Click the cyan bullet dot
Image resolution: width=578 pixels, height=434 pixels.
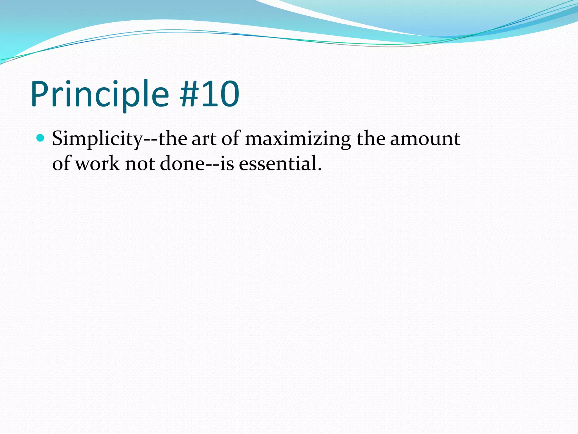tap(41, 138)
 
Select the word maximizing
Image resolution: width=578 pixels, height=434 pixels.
tap(298, 139)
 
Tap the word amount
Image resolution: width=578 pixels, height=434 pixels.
tap(425, 139)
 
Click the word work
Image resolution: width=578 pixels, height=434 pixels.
tap(98, 164)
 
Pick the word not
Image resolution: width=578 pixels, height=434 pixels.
tap(139, 164)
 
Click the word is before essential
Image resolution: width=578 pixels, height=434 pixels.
tap(227, 164)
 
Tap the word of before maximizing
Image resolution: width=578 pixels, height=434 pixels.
tap(231, 139)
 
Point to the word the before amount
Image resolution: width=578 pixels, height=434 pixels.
tap(371, 139)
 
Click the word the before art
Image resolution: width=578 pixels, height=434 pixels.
tap(173, 139)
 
